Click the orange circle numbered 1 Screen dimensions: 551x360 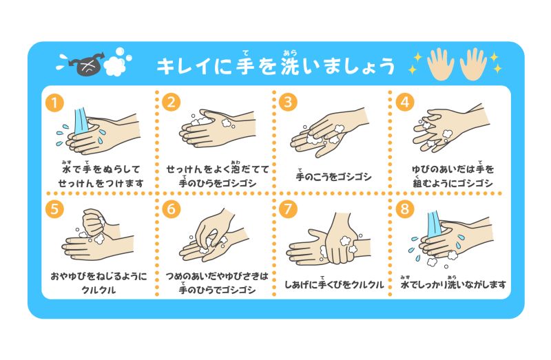(54, 103)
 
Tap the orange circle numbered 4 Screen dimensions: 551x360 (405, 102)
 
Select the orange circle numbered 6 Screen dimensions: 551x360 (171, 209)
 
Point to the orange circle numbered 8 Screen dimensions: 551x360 (405, 209)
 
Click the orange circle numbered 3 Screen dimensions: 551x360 (288, 102)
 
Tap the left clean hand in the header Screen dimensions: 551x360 (440, 63)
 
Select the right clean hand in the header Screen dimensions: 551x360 (474, 63)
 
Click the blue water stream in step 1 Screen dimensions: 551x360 (81, 122)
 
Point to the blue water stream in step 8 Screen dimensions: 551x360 (435, 225)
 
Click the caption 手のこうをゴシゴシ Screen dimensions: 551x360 (333, 176)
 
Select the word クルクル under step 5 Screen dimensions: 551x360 (98, 290)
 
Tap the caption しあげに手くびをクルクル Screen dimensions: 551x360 (334, 284)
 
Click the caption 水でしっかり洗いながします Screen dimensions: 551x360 (453, 284)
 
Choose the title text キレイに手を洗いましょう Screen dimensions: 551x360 (275, 64)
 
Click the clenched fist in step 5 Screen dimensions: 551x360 (94, 222)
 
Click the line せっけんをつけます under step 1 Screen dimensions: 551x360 (101, 183)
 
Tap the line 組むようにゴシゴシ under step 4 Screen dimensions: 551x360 (453, 182)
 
